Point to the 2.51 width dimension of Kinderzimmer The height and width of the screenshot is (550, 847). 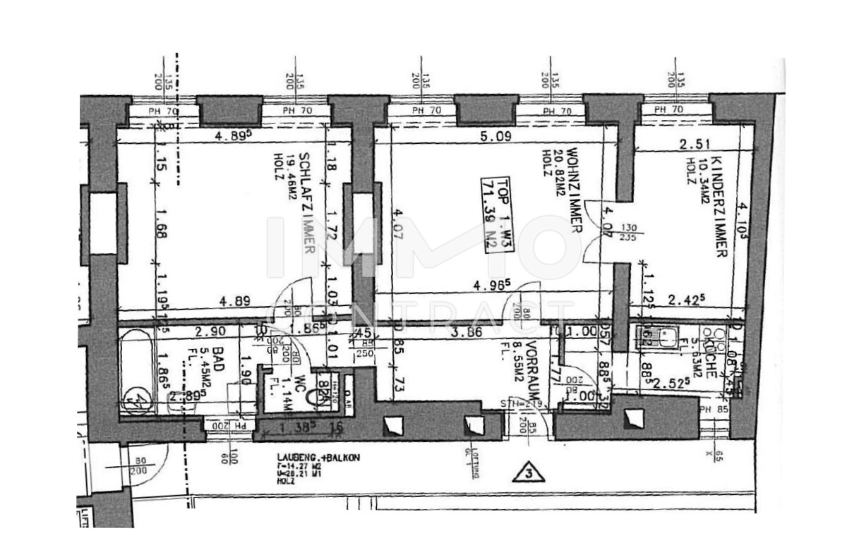point(693,145)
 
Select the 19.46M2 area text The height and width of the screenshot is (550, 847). point(290,185)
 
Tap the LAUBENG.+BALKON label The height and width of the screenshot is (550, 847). point(318,458)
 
